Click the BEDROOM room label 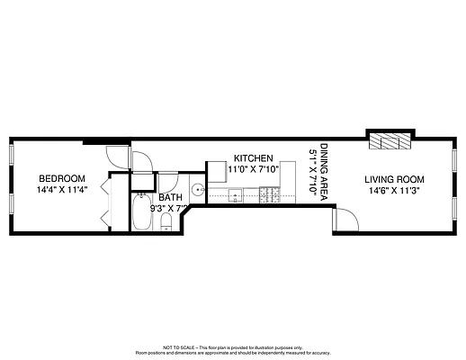tap(61, 178)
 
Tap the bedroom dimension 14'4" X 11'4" tap(61, 190)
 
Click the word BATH tap(170, 198)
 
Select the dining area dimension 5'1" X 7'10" tap(313, 167)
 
